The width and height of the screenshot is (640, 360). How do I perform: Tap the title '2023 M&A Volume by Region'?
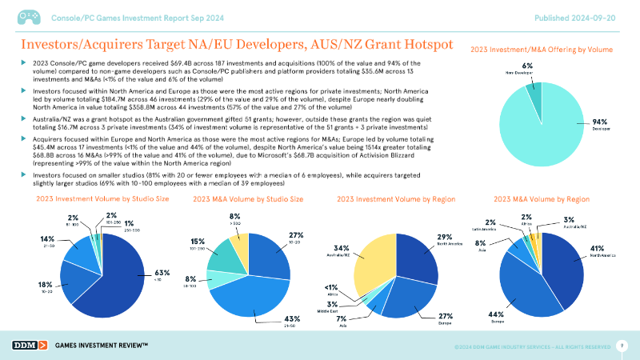542,198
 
